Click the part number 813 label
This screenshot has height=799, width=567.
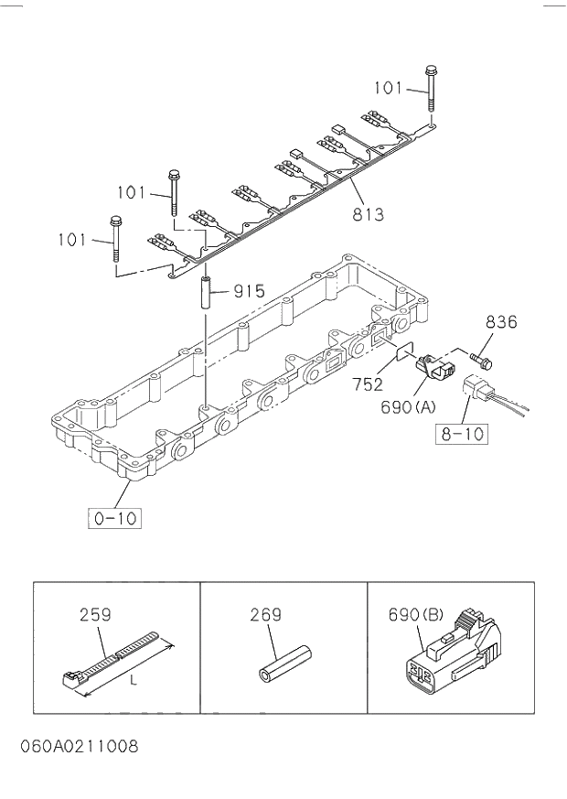368,215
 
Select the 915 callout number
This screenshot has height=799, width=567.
249,292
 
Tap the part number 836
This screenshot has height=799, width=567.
501,322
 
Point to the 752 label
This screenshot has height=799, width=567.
368,384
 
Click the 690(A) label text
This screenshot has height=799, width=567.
408,407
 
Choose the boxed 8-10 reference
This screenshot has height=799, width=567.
460,432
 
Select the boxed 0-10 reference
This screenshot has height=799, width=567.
116,518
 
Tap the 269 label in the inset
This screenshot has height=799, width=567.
266,616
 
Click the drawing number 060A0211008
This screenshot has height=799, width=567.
80,747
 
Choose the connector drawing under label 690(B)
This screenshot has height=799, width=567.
452,654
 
